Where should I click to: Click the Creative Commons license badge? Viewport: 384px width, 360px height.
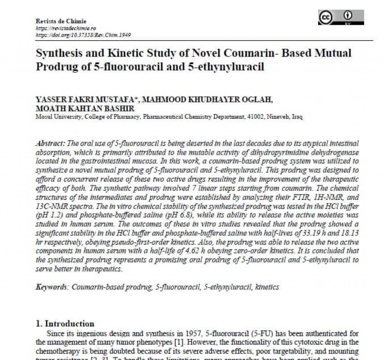341,18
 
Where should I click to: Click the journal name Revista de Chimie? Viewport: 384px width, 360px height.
61,21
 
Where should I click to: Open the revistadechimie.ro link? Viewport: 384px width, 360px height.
66,28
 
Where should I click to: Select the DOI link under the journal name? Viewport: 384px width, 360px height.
83,35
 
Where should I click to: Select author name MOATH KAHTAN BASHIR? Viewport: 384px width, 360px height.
85,108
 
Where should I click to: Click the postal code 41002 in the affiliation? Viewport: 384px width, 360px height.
255,117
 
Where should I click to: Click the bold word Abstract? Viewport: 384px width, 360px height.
51,144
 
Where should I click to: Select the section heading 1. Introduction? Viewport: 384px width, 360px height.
65,324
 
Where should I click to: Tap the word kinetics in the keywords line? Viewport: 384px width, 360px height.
267,287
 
